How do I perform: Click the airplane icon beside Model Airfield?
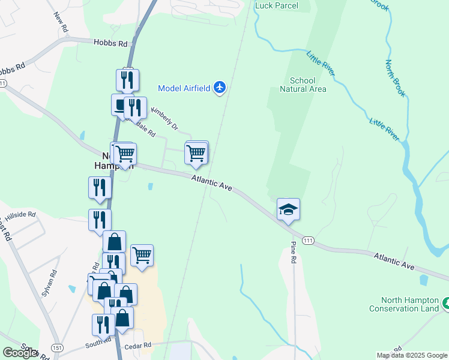tap(219, 88)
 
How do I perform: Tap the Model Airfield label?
tap(184, 88)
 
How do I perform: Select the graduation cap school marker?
tap(288, 209)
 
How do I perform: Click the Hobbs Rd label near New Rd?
tap(111, 43)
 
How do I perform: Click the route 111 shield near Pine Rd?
tap(308, 240)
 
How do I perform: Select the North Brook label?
tap(396, 79)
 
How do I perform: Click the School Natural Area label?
tap(303, 85)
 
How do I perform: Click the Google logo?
tap(20, 353)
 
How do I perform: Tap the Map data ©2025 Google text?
tap(411, 355)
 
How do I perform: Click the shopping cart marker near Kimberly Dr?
tap(196, 154)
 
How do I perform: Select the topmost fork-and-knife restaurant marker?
tap(127, 80)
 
